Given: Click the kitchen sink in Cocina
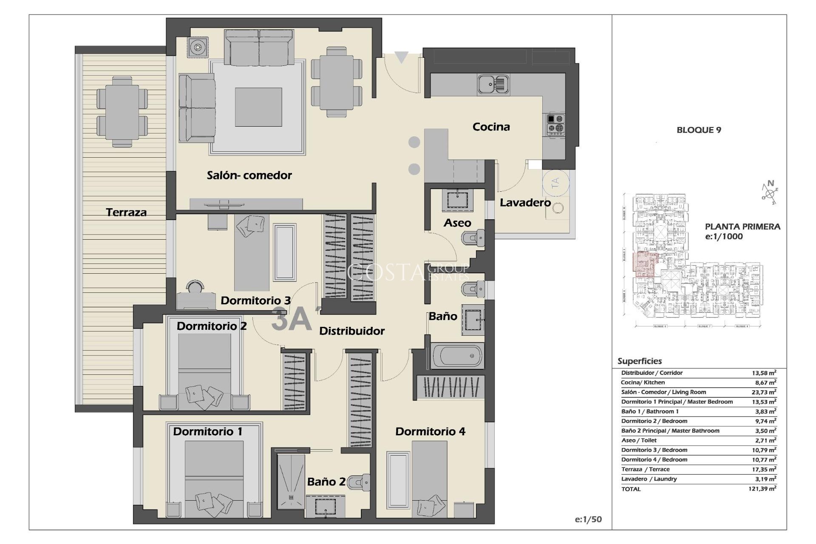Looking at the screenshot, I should [493, 84].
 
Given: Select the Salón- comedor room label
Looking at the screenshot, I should [249, 175].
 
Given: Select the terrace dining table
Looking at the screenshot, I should [122, 112].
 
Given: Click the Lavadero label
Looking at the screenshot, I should [525, 203].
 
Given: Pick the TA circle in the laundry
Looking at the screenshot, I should [555, 183].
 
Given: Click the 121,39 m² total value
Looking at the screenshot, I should [762, 489].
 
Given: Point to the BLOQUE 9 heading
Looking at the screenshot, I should [699, 130].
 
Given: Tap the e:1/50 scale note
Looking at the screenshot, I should [588, 519].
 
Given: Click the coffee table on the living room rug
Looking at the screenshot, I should [258, 107].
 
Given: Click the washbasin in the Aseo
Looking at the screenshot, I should [457, 200].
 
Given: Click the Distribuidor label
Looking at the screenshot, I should [351, 331].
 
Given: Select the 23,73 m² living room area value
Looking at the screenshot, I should [764, 392].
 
